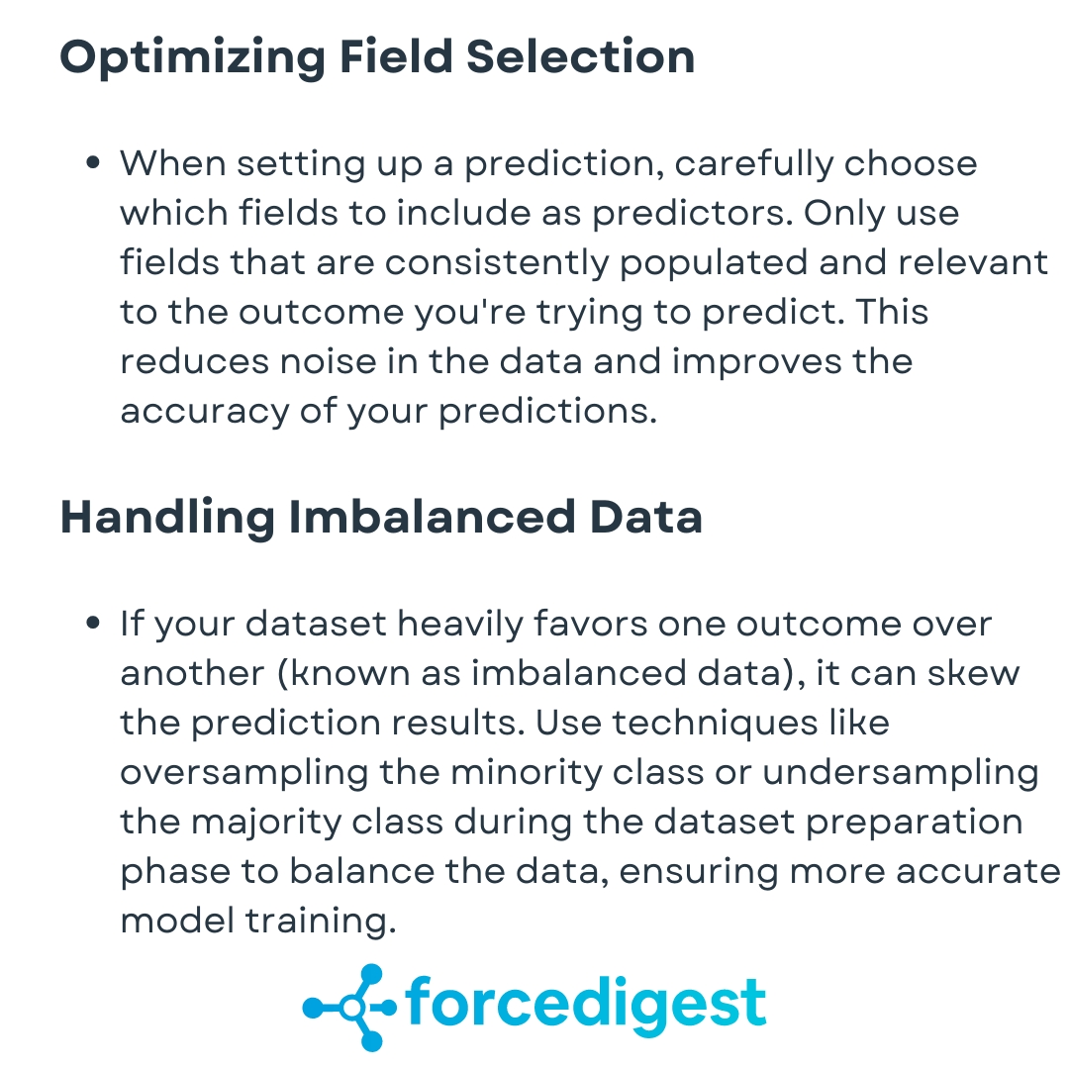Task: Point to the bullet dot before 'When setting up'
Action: pos(94,163)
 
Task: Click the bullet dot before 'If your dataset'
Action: pos(94,625)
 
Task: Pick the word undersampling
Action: pos(901,773)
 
